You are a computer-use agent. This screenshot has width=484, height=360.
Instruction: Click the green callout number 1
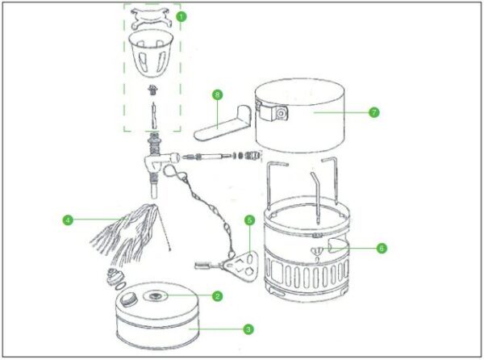(x=181, y=16)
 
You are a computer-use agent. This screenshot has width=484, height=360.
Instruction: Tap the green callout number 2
(x=217, y=296)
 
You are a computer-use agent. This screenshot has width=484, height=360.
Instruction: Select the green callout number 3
(x=248, y=329)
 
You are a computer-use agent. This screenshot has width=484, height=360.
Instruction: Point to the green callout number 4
(x=68, y=220)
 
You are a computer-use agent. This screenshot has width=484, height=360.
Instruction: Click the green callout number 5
(x=250, y=220)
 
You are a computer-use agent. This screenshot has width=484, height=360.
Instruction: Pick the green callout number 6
(x=382, y=248)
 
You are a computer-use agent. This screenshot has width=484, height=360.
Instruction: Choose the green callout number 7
(x=374, y=112)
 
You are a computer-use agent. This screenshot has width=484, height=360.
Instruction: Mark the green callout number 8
(x=217, y=94)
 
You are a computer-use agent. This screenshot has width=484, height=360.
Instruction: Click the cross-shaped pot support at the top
(x=152, y=19)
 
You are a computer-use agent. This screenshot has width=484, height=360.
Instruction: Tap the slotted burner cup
(x=151, y=52)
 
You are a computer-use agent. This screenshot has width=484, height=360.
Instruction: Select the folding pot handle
(x=223, y=123)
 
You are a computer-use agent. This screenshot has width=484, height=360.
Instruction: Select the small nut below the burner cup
(x=152, y=90)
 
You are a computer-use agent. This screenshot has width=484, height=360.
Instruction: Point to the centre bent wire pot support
(x=315, y=197)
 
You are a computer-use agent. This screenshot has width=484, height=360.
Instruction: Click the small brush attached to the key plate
(x=204, y=266)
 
